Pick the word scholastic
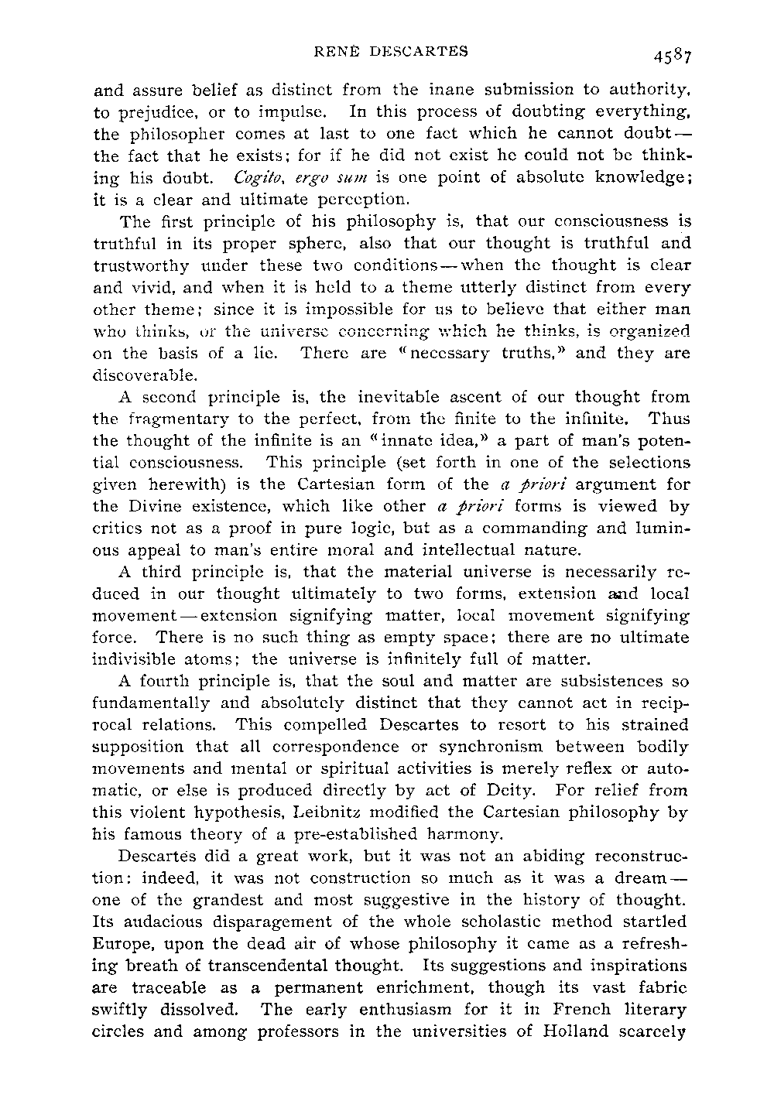coord(471,922)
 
